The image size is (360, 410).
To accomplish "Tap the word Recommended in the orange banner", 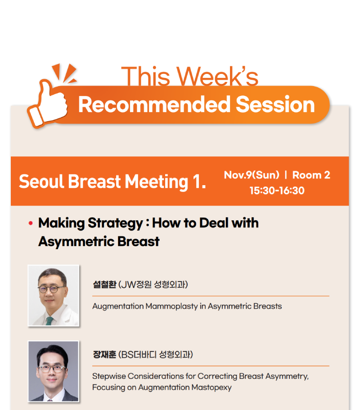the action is tap(154, 105).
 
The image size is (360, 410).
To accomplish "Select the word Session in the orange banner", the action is tap(275, 105).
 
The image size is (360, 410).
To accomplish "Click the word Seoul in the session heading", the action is tap(41, 181).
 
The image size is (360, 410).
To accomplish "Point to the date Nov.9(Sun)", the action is tap(252, 175).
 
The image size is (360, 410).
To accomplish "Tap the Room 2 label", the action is tap(311, 175).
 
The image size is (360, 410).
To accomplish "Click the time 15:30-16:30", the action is tap(277, 190).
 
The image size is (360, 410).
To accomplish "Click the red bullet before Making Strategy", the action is tap(31, 223).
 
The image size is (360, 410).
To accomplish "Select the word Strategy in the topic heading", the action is tap(115, 223).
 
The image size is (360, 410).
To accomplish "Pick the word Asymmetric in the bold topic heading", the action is tap(76, 241).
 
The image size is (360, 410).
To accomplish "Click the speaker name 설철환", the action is tap(104, 284).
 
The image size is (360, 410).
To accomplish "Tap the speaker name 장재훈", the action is tap(104, 355).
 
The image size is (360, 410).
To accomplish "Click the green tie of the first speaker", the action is tap(49, 321).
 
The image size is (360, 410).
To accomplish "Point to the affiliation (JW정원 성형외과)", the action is tap(153, 284).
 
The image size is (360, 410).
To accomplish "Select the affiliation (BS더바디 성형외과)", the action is tap(156, 355).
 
